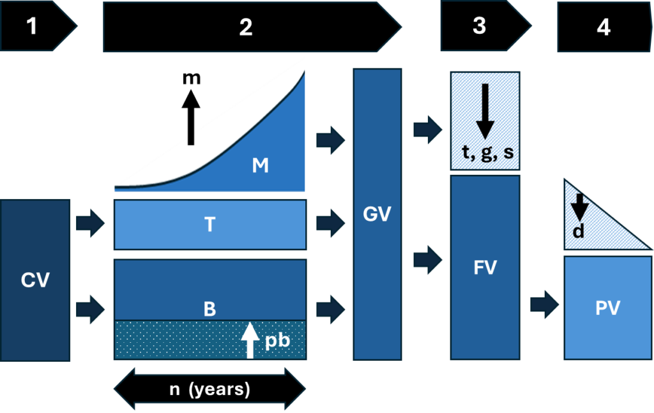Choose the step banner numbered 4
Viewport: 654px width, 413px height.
click(x=600, y=27)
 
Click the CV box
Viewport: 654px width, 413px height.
click(x=35, y=280)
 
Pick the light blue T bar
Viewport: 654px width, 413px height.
click(x=210, y=224)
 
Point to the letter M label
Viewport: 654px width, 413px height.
click(x=260, y=166)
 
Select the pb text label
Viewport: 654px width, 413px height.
click(x=277, y=340)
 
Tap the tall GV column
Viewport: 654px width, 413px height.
click(x=377, y=214)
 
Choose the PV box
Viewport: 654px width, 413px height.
click(x=607, y=308)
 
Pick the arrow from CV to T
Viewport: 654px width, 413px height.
click(x=90, y=224)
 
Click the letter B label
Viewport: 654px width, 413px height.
click(x=209, y=310)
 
